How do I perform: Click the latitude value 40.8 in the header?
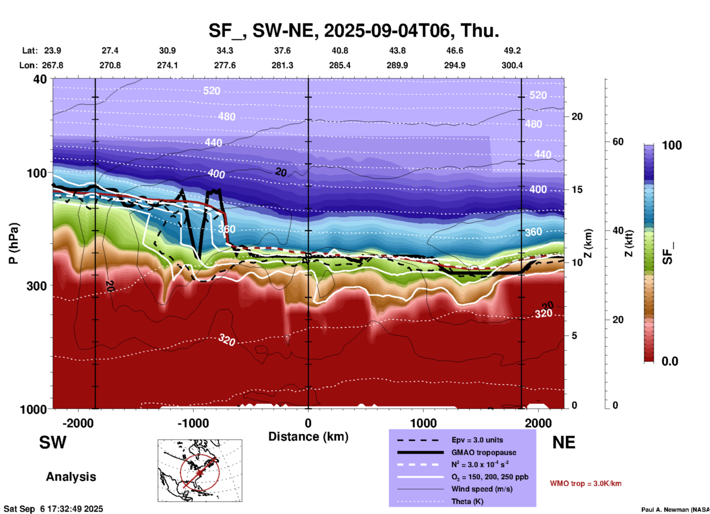coord(340,51)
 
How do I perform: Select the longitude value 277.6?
coord(225,65)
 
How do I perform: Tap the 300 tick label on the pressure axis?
coord(36,285)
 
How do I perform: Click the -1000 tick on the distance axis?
coord(193,423)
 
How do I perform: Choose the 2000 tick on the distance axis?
coord(538,423)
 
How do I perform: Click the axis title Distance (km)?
coord(308,437)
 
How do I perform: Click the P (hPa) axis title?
coord(14,243)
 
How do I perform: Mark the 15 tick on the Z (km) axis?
coord(577,190)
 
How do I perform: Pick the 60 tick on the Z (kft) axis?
coord(618,142)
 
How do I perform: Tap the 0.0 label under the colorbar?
coord(670,361)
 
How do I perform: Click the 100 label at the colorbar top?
coord(672,145)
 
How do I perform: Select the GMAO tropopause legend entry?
coord(484,452)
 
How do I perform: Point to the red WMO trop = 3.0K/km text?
coord(585,483)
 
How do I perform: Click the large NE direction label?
coord(564,442)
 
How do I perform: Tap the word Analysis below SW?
coord(71,477)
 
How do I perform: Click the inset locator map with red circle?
coord(200,470)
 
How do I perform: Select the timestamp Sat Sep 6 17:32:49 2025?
coord(53,509)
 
